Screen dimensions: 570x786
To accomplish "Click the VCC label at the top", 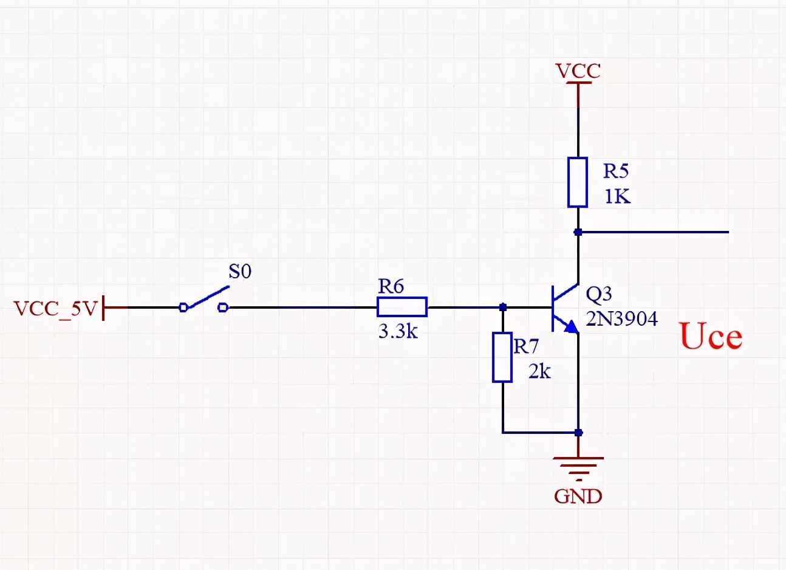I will (x=578, y=71).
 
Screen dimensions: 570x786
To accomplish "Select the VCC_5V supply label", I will (x=55, y=309).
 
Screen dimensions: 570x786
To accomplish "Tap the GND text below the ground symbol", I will (x=578, y=496).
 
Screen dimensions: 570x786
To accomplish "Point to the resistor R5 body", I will (x=578, y=182).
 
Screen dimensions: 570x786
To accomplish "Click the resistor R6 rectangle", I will (x=402, y=307).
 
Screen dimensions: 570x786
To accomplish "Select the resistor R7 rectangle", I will (x=502, y=357).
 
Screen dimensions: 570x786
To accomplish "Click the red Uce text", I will (x=711, y=337).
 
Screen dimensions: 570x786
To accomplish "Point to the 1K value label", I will (x=617, y=197).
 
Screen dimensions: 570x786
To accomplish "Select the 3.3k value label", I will (x=398, y=332).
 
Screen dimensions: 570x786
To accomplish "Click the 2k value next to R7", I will (x=539, y=371).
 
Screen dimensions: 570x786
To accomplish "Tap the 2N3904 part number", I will (x=621, y=318).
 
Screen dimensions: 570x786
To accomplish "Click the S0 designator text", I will (x=239, y=272).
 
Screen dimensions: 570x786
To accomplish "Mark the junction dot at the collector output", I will (x=578, y=232).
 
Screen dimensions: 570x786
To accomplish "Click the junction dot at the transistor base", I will (x=502, y=307).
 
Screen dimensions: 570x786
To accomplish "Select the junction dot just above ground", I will (x=578, y=433).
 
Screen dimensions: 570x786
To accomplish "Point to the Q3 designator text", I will (x=599, y=294).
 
